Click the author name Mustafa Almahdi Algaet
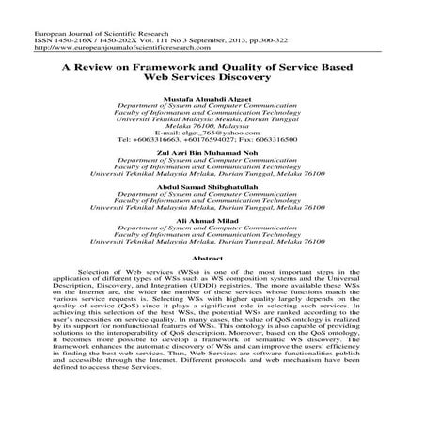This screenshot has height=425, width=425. point(212,98)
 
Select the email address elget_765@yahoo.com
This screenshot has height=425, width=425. point(212,133)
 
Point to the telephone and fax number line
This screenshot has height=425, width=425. point(212,140)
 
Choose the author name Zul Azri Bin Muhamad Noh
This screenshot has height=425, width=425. point(212,153)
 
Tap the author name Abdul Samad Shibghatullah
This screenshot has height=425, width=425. point(212,185)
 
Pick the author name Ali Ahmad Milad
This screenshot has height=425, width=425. point(212,218)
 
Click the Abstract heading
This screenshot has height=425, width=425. point(212,256)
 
